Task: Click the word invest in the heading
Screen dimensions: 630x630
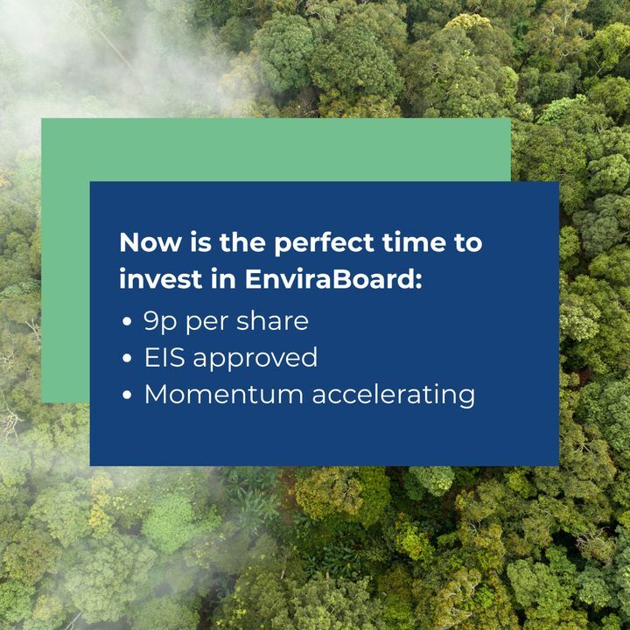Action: pyautogui.click(x=155, y=280)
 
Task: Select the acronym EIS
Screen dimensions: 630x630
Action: pyautogui.click(x=164, y=357)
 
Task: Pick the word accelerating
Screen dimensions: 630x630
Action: pyautogui.click(x=394, y=395)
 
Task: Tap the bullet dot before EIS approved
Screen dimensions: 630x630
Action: pyautogui.click(x=128, y=359)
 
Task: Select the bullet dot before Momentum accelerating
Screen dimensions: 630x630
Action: pyautogui.click(x=128, y=395)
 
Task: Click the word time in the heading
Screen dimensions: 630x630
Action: pyautogui.click(x=411, y=242)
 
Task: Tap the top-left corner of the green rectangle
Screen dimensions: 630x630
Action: pyautogui.click(x=42, y=119)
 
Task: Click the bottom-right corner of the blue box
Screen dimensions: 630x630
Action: pyautogui.click(x=558, y=465)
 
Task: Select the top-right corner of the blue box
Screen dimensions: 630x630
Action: pyautogui.click(x=558, y=182)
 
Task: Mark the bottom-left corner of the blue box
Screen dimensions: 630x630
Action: pyautogui.click(x=91, y=465)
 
